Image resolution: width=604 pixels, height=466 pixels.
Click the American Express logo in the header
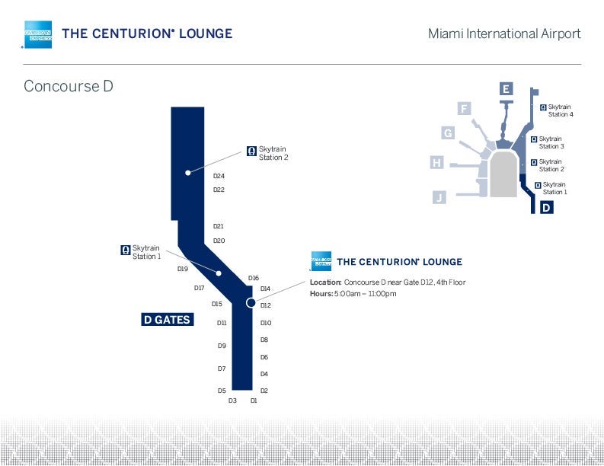coord(38,34)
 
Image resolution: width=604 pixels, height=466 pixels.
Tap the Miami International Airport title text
coord(503,34)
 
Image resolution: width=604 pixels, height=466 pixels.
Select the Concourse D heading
coord(69,86)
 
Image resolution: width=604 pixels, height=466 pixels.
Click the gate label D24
coord(219,176)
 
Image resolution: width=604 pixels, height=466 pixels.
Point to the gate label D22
coord(219,190)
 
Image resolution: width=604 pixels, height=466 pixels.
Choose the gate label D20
coord(219,241)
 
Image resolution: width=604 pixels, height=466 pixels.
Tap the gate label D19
coord(183,269)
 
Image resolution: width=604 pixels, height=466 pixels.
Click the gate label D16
coord(254,278)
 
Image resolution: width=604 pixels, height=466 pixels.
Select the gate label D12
coord(266,305)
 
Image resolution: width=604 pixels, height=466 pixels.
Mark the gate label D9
coord(222,346)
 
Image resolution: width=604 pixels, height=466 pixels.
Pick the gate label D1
coord(254,400)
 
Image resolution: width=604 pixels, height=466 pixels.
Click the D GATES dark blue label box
coord(167,320)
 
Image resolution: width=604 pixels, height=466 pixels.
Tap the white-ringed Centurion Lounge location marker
coord(251,303)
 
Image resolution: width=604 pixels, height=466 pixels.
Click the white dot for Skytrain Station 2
coord(187,173)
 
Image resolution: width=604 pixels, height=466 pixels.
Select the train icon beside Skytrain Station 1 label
coord(126,249)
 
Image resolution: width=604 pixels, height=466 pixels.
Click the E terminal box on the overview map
coord(506,90)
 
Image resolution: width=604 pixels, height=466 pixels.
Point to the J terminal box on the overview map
coord(439,198)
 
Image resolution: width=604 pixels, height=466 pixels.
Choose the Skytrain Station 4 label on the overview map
coord(560,110)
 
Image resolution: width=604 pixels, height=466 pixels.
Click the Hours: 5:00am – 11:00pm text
coord(353,294)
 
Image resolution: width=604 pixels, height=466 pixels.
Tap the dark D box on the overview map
coord(546,206)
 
